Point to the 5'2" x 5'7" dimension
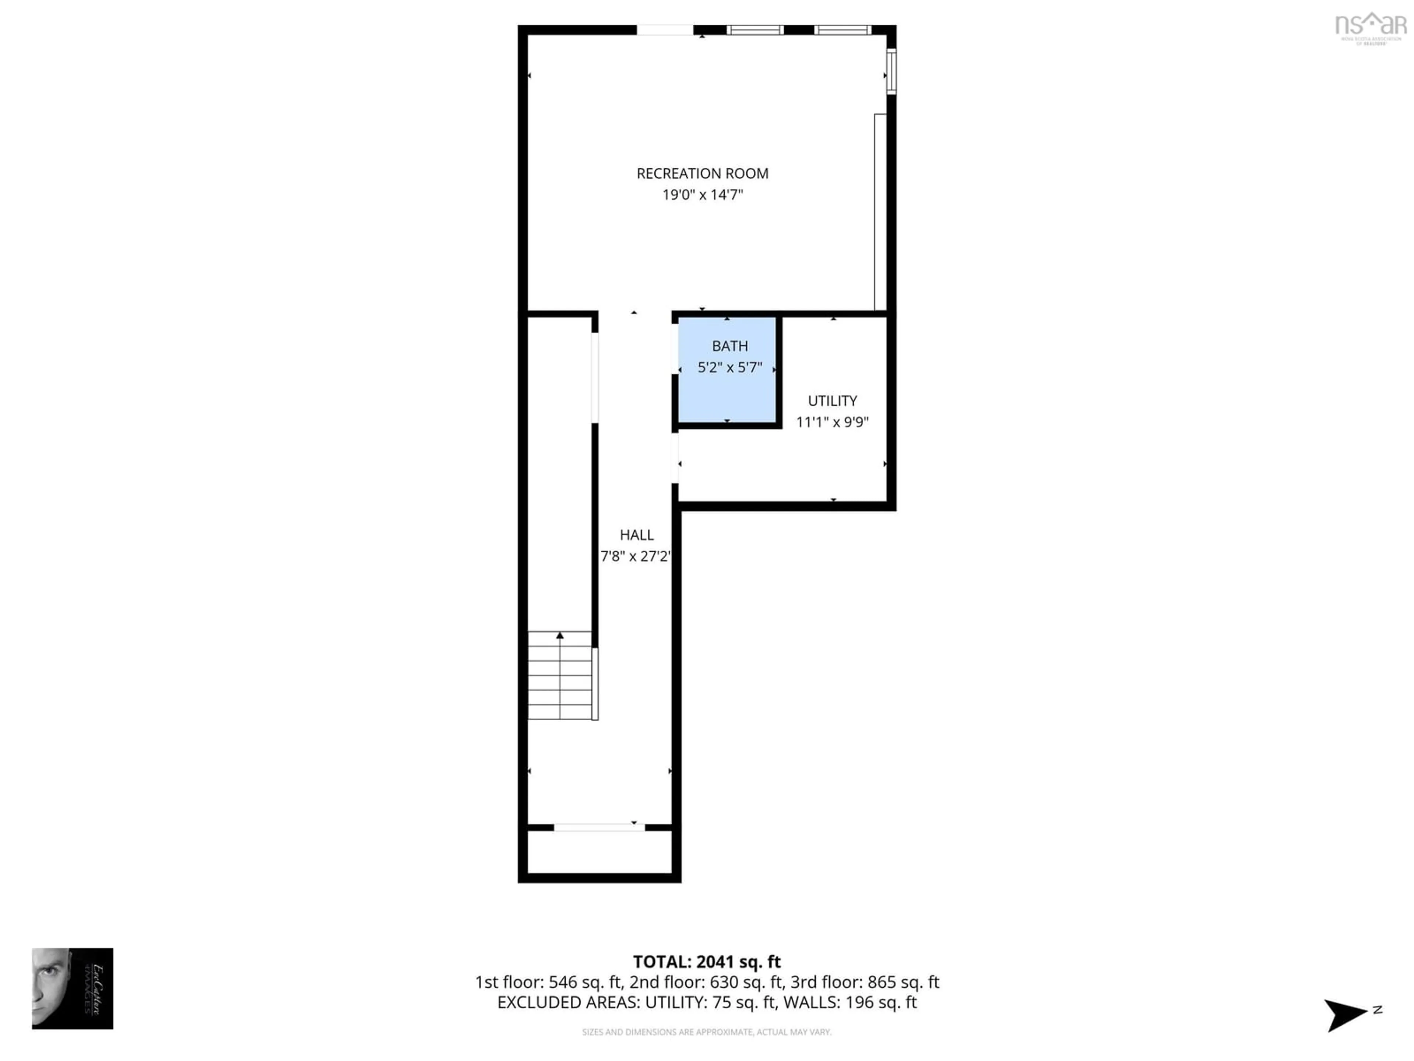pos(729,367)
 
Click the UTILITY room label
pos(832,401)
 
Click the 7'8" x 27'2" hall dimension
pos(635,556)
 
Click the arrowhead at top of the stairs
pos(560,635)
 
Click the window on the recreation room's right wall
pos(891,71)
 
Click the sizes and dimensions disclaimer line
pos(706,1032)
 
